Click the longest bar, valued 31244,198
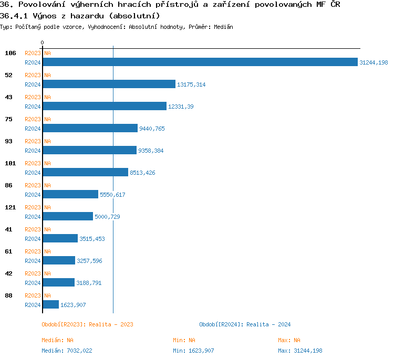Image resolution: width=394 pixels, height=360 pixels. pyautogui.click(x=200, y=62)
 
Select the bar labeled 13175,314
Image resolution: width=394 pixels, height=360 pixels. pyautogui.click(x=109, y=84)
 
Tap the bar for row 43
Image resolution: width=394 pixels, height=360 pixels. pyautogui.click(x=104, y=107)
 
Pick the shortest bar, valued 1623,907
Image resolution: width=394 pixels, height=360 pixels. pyautogui.click(x=50, y=305)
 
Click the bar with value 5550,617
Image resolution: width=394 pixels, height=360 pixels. pyautogui.click(x=70, y=195)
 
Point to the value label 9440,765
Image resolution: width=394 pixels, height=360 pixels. pyautogui.click(x=152, y=129)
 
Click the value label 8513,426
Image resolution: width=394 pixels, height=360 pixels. pyautogui.click(x=142, y=173)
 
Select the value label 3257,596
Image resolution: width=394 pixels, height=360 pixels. pyautogui.click(x=90, y=261)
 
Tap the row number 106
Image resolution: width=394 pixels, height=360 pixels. pyautogui.click(x=11, y=53)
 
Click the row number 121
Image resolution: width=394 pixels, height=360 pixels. pyautogui.click(x=11, y=207)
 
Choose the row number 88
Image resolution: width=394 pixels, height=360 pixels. pyautogui.click(x=8, y=295)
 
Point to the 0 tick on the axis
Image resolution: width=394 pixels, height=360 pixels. pyautogui.click(x=43, y=43)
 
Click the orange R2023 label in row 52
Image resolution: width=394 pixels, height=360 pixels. pyautogui.click(x=33, y=75)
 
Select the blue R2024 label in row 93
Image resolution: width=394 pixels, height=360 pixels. pyautogui.click(x=33, y=151)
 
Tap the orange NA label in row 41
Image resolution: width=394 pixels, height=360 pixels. pyautogui.click(x=47, y=229)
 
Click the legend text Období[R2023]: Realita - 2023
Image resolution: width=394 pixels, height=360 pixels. pyautogui.click(x=87, y=324)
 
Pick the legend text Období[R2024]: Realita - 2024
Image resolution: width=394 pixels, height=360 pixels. pyautogui.click(x=245, y=324)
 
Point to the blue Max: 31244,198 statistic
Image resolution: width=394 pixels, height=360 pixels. pyautogui.click(x=300, y=351)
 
